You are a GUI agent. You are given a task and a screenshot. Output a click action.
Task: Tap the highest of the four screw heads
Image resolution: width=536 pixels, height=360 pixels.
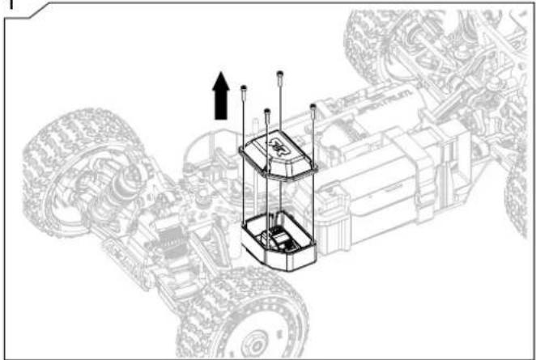(x=279, y=74)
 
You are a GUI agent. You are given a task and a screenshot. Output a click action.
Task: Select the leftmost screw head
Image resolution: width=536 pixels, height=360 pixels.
(x=244, y=86)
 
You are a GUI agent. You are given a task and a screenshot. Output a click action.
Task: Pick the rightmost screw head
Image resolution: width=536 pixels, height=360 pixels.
(x=313, y=105)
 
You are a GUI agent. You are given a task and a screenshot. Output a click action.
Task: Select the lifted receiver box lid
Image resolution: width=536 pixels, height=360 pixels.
(x=279, y=157)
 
